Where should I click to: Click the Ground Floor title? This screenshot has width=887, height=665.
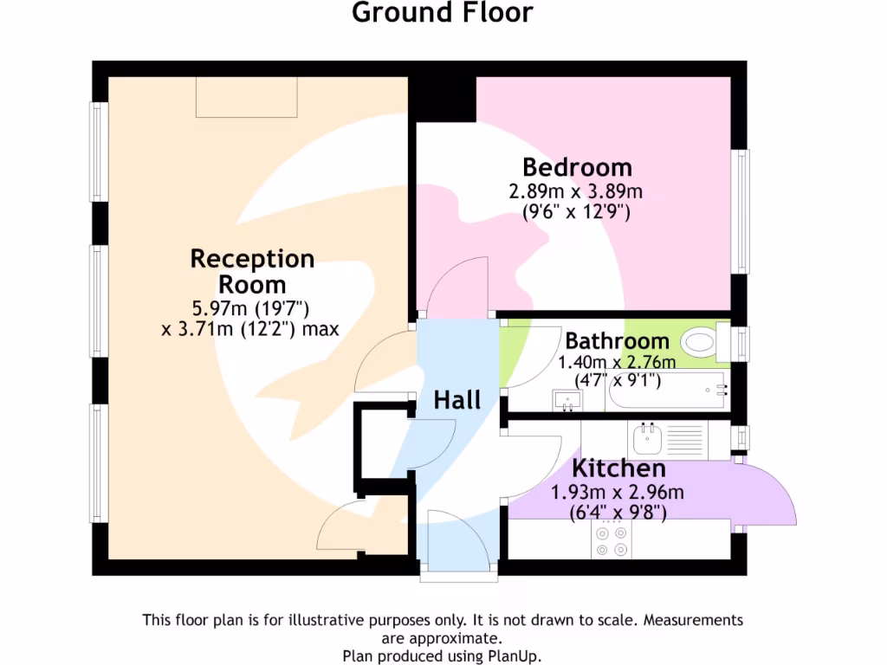click(443, 13)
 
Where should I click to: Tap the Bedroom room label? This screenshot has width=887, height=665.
click(577, 166)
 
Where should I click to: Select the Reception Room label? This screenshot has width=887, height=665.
click(252, 271)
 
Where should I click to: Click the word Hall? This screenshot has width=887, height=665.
click(456, 400)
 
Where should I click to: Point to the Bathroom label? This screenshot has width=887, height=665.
click(617, 341)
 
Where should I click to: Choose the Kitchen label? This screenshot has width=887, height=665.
click(618, 469)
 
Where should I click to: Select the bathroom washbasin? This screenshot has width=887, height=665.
click(568, 399)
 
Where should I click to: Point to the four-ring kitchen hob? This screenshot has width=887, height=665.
click(611, 540)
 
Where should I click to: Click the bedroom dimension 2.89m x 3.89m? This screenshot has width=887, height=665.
click(575, 191)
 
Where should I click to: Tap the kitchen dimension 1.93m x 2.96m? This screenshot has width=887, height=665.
click(618, 493)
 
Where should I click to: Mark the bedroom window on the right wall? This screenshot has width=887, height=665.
click(742, 211)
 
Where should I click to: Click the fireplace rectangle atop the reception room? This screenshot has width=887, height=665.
click(247, 97)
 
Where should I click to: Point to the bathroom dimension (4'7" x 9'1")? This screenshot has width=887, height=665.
click(618, 379)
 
